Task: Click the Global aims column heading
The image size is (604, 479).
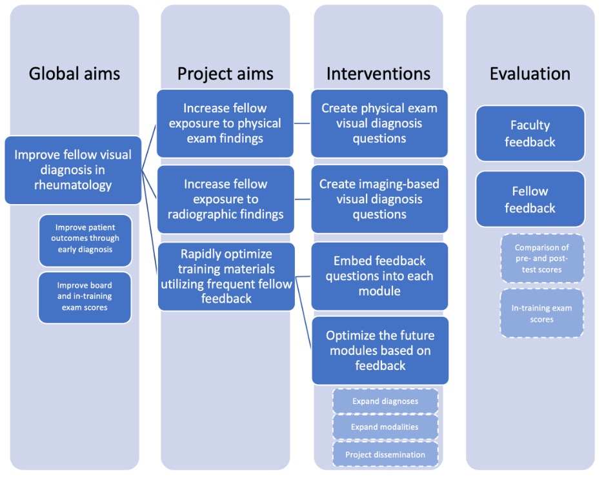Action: click(x=74, y=74)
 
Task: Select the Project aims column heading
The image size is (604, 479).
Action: click(x=225, y=74)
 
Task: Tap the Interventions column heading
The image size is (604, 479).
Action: click(x=378, y=74)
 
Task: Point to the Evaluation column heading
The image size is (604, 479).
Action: click(x=530, y=74)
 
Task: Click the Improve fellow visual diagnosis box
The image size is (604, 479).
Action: click(x=73, y=170)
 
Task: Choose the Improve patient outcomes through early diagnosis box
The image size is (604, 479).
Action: click(x=85, y=239)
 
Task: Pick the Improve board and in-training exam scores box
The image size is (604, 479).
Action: click(x=85, y=296)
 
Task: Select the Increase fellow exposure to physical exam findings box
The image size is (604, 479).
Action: click(x=225, y=123)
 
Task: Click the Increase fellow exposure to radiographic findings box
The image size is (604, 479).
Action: click(x=225, y=199)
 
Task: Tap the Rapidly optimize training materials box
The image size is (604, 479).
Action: click(x=225, y=276)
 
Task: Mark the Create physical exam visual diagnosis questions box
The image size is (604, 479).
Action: click(x=379, y=123)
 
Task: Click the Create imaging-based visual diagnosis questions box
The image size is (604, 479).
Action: click(x=379, y=199)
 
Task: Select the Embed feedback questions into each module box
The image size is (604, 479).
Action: click(x=379, y=276)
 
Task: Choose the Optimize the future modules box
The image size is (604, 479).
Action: click(x=380, y=351)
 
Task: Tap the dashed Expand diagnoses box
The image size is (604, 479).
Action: click(x=385, y=401)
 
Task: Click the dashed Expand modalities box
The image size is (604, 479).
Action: click(x=385, y=427)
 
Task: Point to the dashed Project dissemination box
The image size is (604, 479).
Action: click(x=385, y=454)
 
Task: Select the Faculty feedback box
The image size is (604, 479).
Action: click(x=530, y=133)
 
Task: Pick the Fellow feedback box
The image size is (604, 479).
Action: click(x=530, y=199)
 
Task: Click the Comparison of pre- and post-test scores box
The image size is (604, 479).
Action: click(x=541, y=258)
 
